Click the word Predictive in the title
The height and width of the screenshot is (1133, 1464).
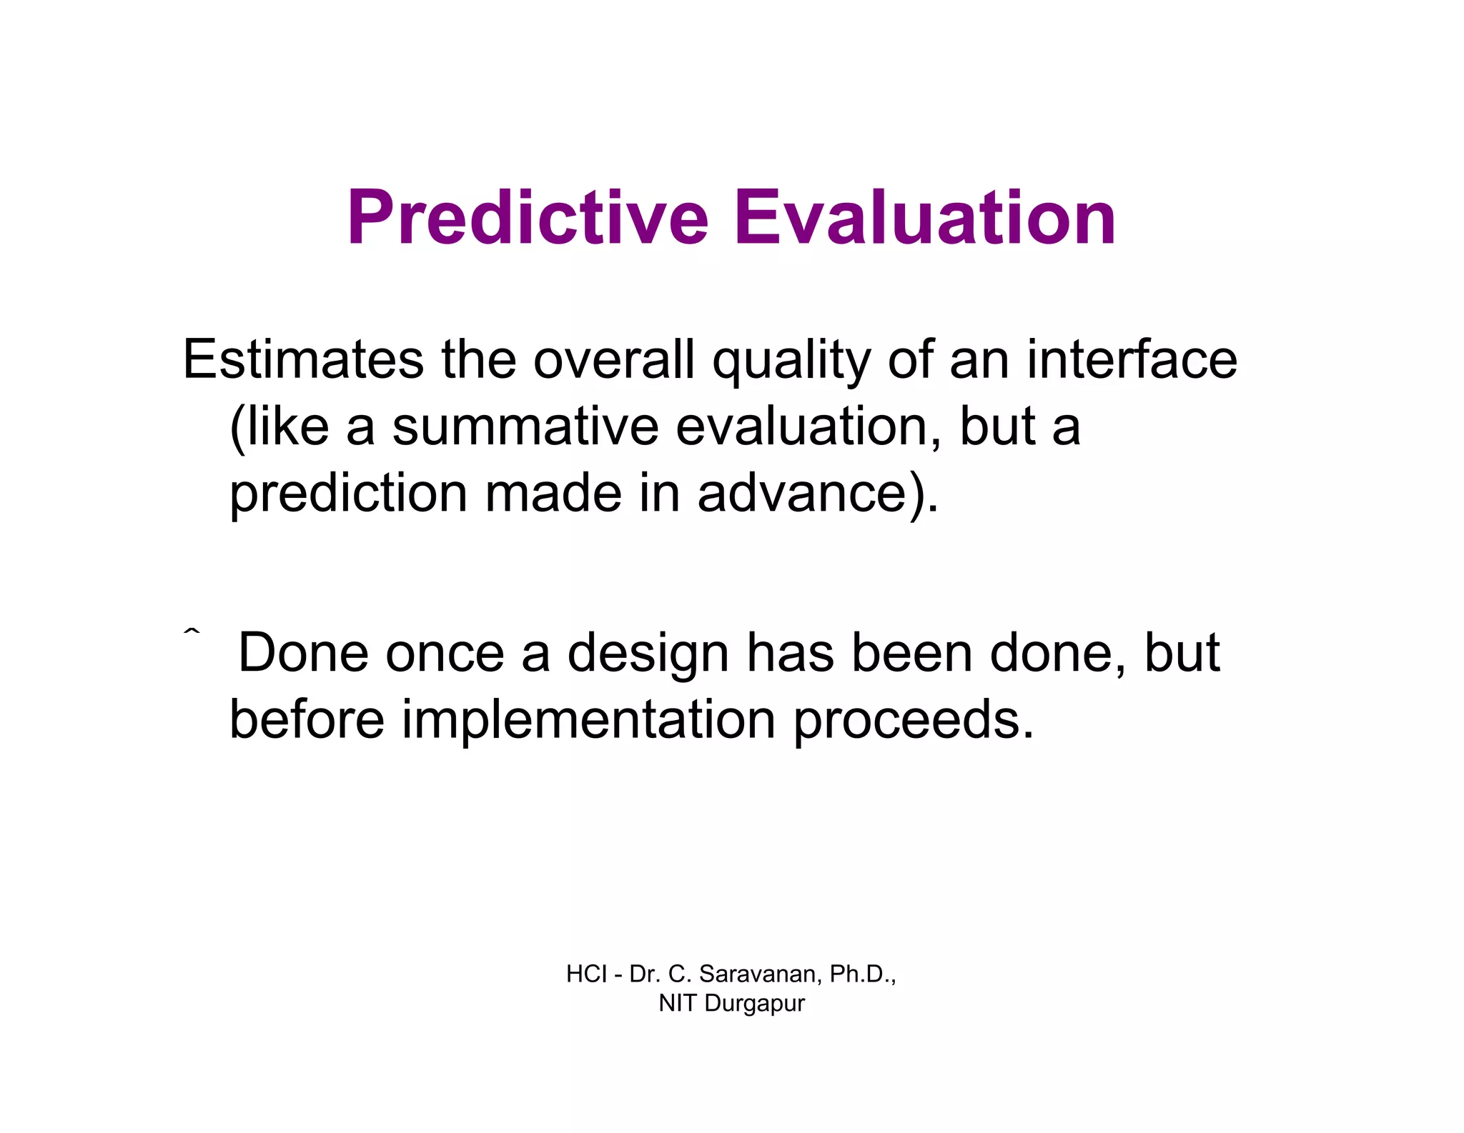[528, 218]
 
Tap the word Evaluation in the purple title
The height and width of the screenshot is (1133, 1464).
[924, 218]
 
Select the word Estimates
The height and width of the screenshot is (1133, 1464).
[303, 359]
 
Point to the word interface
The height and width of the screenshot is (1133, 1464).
[1132, 359]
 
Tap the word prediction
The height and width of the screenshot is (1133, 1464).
[348, 494]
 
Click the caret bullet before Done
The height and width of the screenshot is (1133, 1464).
[191, 632]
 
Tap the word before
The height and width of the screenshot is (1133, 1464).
[307, 719]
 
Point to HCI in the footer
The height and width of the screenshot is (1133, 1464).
[586, 974]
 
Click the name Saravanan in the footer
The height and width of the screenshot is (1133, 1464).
[761, 974]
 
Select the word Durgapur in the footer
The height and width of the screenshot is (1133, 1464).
[754, 1004]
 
